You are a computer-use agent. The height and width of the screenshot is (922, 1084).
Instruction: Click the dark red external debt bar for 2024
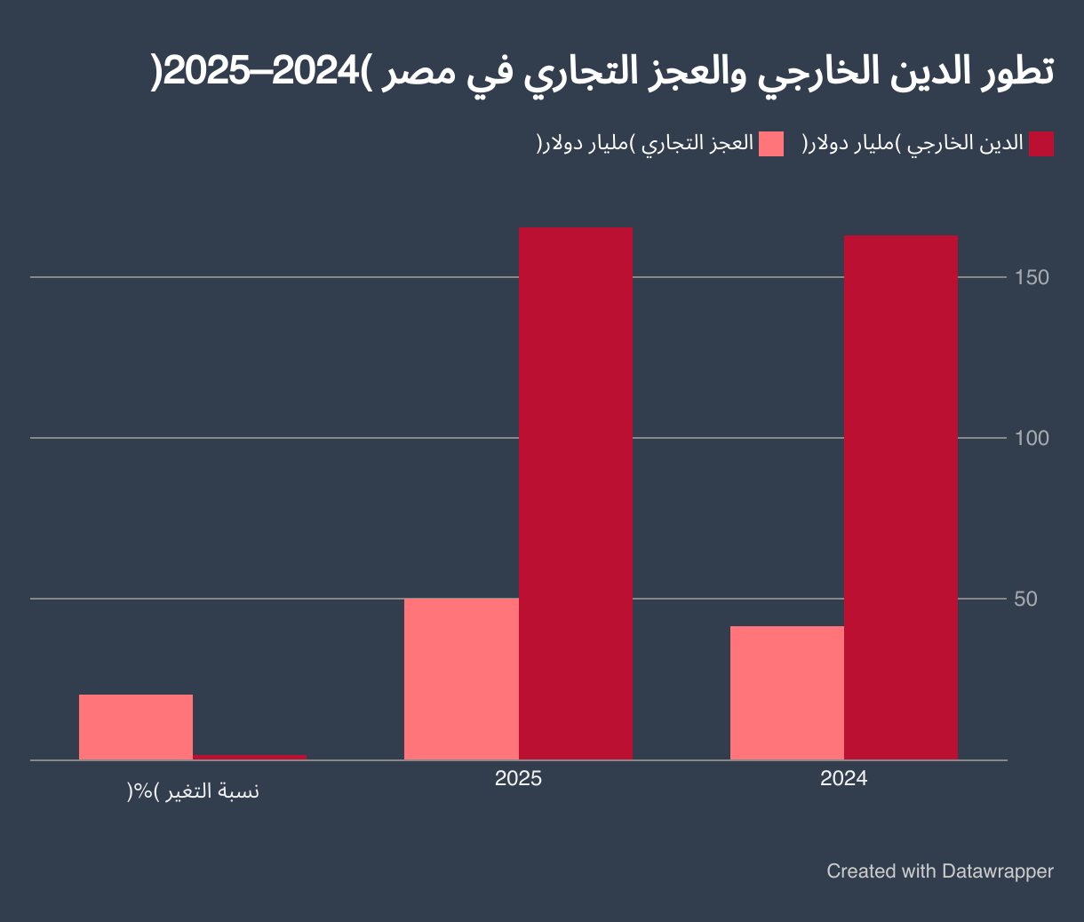(900, 497)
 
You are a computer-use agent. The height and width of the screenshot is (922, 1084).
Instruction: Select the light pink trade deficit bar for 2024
(786, 693)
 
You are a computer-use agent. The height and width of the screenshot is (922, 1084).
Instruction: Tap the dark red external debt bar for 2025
(575, 493)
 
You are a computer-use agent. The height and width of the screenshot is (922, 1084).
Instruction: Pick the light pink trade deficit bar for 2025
(461, 679)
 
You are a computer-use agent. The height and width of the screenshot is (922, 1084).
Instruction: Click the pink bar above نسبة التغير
(136, 727)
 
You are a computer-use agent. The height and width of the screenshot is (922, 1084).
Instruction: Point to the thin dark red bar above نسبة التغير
(250, 757)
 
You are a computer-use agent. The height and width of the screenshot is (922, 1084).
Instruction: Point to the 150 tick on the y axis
(1032, 278)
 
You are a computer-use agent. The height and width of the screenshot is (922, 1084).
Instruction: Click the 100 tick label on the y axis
(1032, 438)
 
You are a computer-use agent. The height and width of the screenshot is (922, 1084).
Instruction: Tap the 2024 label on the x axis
(843, 779)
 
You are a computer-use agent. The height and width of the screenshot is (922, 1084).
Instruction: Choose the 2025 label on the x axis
(518, 779)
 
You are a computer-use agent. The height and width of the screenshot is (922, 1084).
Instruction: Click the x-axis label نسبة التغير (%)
(193, 791)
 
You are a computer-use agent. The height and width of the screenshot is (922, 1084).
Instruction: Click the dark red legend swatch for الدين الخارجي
(1040, 144)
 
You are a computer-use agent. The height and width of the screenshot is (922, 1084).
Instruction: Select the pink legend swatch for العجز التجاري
(771, 144)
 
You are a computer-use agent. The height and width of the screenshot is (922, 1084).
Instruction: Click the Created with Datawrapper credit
(939, 871)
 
